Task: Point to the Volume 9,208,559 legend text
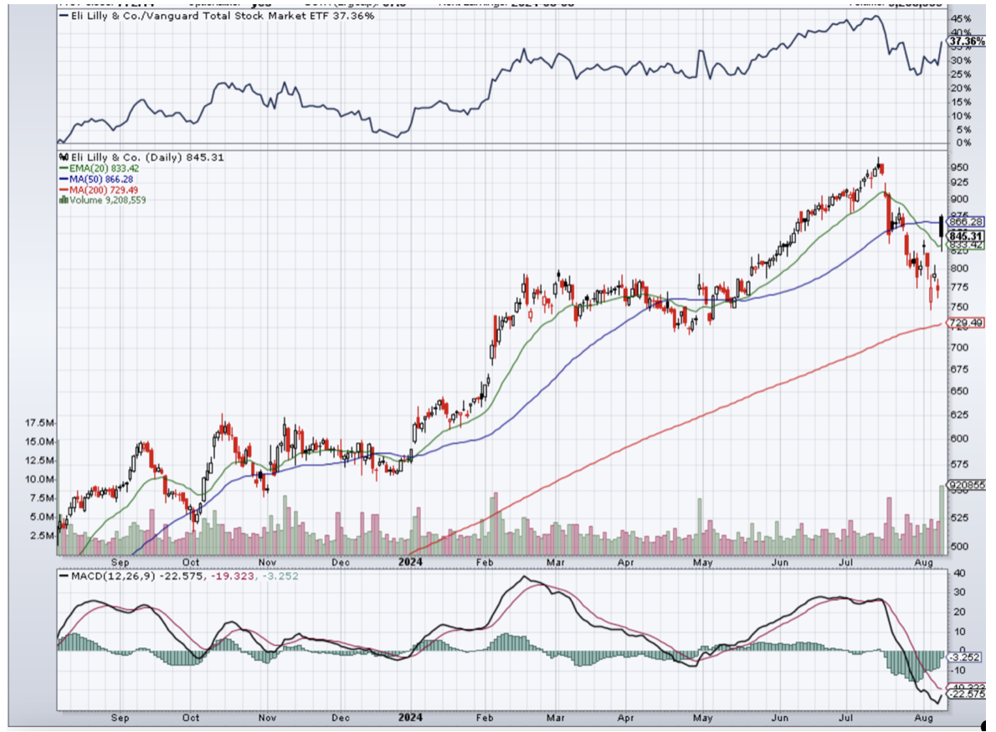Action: click(x=103, y=199)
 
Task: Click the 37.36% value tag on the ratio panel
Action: click(x=965, y=41)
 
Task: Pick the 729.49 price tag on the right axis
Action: click(x=965, y=323)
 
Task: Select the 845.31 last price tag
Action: click(x=965, y=237)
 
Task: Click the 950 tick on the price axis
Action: click(x=960, y=166)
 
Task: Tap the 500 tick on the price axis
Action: click(x=960, y=546)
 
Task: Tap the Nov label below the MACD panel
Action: click(x=266, y=718)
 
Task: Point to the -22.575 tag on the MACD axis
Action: click(x=965, y=693)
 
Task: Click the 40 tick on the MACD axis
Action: click(x=957, y=574)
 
